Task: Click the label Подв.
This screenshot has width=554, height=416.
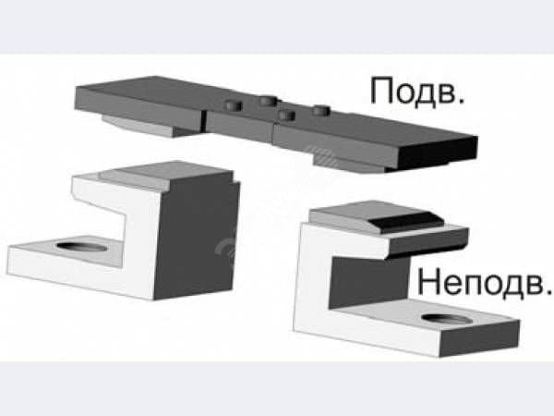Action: point(417,91)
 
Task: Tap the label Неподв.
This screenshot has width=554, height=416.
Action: point(485,282)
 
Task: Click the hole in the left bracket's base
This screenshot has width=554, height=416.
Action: point(81,246)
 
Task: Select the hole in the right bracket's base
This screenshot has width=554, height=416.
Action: point(447,319)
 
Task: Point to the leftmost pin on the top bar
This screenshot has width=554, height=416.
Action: point(234,105)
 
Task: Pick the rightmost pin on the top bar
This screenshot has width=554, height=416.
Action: point(321,111)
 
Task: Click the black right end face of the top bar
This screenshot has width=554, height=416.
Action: point(438,153)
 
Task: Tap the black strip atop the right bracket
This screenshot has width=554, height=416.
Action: point(407,221)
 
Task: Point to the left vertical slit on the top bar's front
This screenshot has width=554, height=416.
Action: point(204,120)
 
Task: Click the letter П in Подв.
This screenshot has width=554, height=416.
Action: point(381,91)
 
